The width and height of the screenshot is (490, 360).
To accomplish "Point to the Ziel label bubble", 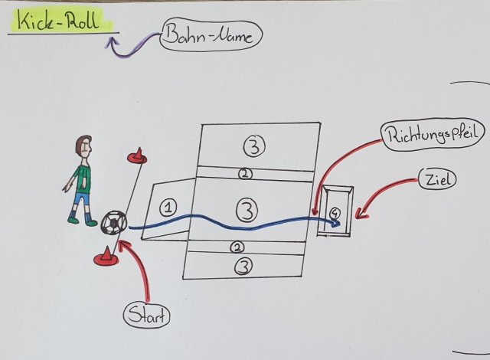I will [x=438, y=182].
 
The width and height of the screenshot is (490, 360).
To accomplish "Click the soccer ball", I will [x=113, y=223].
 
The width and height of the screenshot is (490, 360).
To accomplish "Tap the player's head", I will [x=83, y=146].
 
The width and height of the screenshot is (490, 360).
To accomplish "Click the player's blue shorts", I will [x=81, y=200].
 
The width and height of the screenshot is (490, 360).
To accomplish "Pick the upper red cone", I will [x=137, y=156].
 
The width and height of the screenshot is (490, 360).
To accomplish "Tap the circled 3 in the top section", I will [x=254, y=142].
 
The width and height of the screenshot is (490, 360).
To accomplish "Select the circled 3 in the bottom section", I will [x=243, y=267].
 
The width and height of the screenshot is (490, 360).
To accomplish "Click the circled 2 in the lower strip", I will [x=238, y=247].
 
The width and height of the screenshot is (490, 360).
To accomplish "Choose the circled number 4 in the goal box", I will [x=334, y=212].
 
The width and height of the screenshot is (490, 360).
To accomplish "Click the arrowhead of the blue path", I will [x=335, y=224].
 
